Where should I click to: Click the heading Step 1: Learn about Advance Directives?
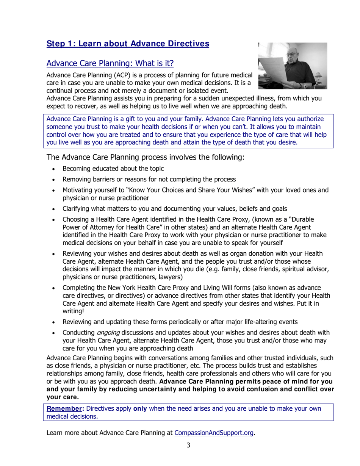128,44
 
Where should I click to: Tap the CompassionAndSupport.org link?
214,433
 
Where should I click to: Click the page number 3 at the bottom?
188,445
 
